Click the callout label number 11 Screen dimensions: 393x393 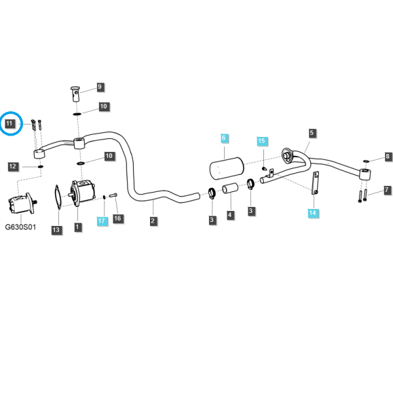[x=10, y=124]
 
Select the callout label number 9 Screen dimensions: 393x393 [x=100, y=87]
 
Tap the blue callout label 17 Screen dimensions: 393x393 [x=102, y=221]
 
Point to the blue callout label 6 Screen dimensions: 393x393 [x=224, y=138]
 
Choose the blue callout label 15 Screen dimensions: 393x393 [x=262, y=141]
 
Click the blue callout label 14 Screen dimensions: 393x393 [x=313, y=213]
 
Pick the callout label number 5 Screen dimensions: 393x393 [x=312, y=133]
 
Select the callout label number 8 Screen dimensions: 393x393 [x=388, y=157]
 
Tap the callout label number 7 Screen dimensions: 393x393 [x=388, y=190]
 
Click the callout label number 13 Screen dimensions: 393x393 [x=56, y=230]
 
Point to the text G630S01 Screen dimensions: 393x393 [x=20, y=227]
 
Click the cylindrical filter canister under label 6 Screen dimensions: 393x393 [x=227, y=168]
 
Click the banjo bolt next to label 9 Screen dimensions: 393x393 [x=75, y=94]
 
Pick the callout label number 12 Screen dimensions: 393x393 [x=13, y=166]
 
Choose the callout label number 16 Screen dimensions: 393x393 [x=118, y=219]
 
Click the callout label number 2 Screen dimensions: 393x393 [x=153, y=221]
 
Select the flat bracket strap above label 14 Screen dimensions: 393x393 [x=315, y=183]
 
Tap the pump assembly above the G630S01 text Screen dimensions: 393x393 [x=22, y=204]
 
